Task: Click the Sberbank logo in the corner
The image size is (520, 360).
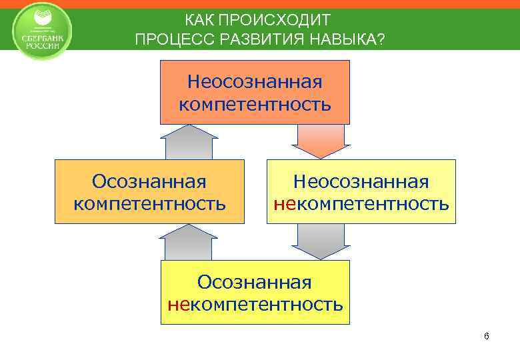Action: (x=43, y=31)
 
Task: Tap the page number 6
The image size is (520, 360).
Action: (x=487, y=335)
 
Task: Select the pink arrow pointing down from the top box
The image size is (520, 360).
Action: (x=321, y=142)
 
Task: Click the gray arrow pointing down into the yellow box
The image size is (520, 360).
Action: (x=321, y=241)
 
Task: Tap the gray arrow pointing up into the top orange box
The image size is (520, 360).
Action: (x=189, y=142)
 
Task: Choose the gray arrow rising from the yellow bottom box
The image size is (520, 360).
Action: (x=189, y=242)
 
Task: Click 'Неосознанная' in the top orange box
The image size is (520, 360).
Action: (x=255, y=83)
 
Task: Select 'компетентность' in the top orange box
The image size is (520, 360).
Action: (x=255, y=105)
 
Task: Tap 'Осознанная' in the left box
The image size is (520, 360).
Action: (x=149, y=181)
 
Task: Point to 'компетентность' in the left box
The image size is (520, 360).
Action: (x=149, y=203)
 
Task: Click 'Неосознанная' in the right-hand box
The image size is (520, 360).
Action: (x=362, y=181)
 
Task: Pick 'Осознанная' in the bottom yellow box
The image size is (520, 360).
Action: (x=255, y=283)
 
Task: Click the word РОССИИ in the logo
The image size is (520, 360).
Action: (x=43, y=45)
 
